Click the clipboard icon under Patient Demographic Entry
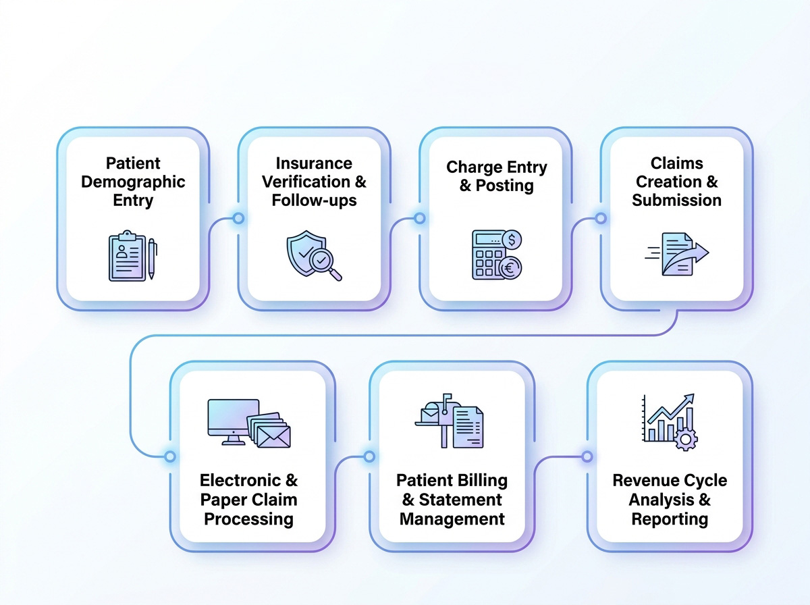(x=127, y=257)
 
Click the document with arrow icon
(x=677, y=254)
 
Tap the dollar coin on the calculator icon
(x=513, y=240)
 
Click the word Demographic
(x=133, y=182)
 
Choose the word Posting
(x=506, y=186)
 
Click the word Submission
(x=676, y=200)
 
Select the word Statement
(x=460, y=500)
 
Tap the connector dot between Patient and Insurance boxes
(x=238, y=218)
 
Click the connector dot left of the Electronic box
(x=169, y=456)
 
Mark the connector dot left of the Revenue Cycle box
(x=587, y=456)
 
